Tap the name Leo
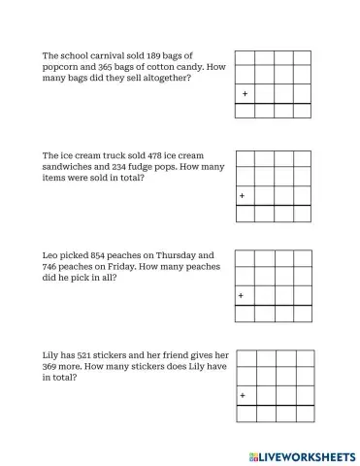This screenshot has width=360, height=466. click(51, 255)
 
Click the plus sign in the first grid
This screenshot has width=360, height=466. click(245, 94)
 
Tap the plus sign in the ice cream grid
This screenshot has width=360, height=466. click(243, 196)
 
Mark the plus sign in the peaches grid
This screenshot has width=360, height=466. click(243, 295)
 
